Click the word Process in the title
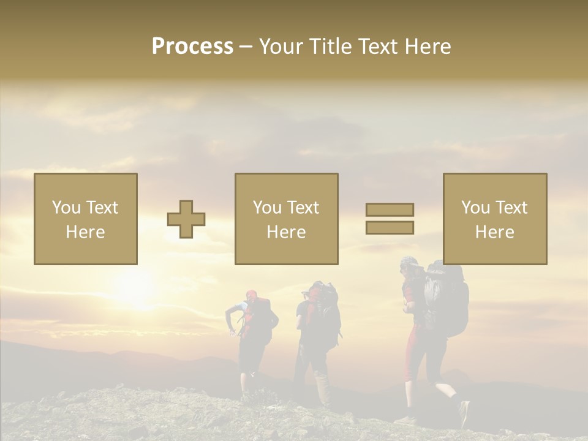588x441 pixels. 192,47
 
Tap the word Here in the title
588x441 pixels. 428,47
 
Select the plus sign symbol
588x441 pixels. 186,219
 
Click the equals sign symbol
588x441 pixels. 390,219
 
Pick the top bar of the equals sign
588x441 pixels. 390,210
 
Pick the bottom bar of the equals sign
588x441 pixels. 390,227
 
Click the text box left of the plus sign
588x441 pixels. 86,219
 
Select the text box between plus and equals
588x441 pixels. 286,219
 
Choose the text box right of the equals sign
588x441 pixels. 494,219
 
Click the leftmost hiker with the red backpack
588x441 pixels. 251,337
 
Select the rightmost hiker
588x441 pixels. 429,337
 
